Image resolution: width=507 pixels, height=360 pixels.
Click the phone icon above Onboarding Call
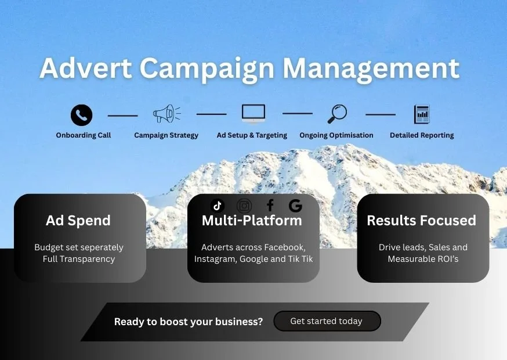82,115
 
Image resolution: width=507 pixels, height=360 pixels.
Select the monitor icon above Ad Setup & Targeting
253,114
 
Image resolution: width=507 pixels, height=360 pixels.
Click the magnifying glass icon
337,114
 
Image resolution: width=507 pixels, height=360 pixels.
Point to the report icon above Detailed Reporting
422,114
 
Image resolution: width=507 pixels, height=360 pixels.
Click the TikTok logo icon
218,205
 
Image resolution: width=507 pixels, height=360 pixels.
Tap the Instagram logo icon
244,206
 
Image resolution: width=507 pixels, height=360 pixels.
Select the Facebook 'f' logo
270,205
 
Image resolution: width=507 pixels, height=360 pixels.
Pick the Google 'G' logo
295,205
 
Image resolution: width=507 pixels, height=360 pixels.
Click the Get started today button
327,321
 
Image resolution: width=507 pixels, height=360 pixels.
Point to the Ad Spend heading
78,221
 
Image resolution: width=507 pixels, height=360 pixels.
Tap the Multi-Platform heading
252,221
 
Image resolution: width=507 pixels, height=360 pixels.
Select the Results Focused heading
421,221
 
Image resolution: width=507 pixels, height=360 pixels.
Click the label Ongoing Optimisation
336,135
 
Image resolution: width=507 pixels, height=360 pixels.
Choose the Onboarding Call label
84,135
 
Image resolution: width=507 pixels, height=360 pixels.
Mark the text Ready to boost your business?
189,322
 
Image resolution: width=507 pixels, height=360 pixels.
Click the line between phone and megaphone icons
123,115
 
